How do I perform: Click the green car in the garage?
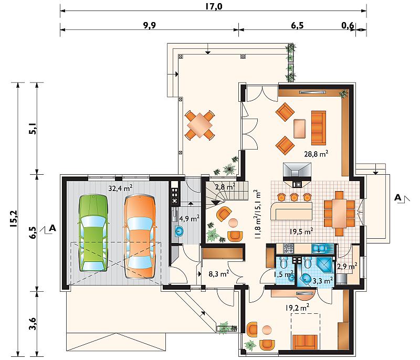(93, 233)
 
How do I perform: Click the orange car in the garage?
(140, 237)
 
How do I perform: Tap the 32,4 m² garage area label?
(120, 188)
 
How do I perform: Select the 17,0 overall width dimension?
(214, 6)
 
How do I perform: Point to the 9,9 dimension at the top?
(149, 25)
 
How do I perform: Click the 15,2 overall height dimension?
(14, 218)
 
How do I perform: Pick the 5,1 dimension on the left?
(33, 129)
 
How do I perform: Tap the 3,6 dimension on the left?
(32, 323)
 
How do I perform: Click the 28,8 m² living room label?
(316, 154)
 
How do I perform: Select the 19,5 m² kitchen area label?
(301, 231)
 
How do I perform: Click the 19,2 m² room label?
(297, 308)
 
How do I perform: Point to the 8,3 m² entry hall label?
(218, 273)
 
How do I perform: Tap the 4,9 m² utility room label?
(190, 218)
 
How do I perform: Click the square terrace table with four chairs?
(200, 125)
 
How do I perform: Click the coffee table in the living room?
(299, 129)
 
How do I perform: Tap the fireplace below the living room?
(297, 175)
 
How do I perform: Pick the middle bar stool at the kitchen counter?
(294, 197)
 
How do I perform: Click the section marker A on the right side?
(398, 197)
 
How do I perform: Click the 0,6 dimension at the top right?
(348, 26)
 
